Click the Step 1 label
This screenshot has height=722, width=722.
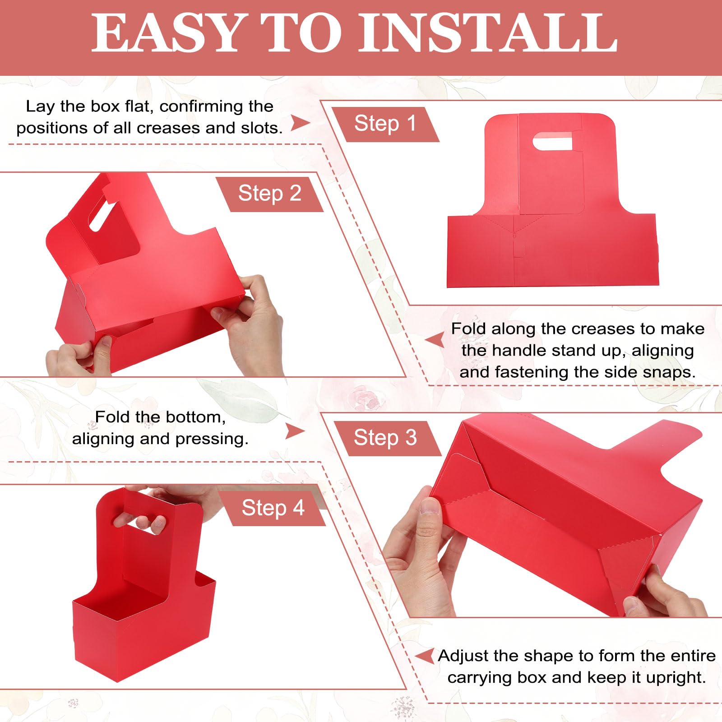(x=385, y=124)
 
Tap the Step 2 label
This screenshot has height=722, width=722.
(x=269, y=194)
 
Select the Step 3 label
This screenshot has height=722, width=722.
(x=385, y=438)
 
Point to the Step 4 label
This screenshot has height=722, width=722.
(x=273, y=508)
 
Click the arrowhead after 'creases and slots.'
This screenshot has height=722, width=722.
(x=300, y=122)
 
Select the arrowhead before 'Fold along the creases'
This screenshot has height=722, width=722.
(x=436, y=340)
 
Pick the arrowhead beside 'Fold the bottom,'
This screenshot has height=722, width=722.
(x=295, y=431)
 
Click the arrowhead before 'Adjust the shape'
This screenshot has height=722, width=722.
(x=425, y=656)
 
